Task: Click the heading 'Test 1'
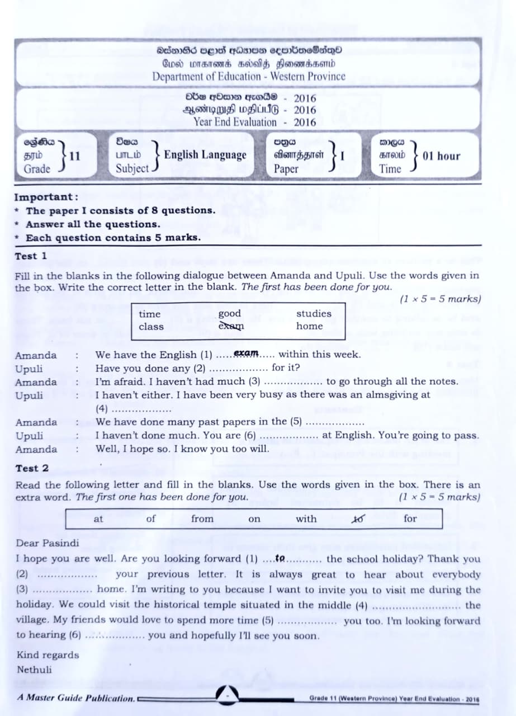pyautogui.click(x=31, y=256)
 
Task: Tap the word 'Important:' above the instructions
pyautogui.click(x=46, y=197)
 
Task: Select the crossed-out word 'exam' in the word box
pyautogui.click(x=231, y=326)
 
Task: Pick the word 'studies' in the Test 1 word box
pyautogui.click(x=314, y=314)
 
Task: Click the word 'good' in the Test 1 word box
pyautogui.click(x=229, y=314)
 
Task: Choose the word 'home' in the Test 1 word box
pyautogui.click(x=310, y=326)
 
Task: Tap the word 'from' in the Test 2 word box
pyautogui.click(x=202, y=519)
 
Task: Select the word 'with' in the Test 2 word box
pyautogui.click(x=306, y=519)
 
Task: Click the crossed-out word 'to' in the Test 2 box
pyautogui.click(x=357, y=519)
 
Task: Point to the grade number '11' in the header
pyautogui.click(x=75, y=156)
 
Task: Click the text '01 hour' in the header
pyautogui.click(x=442, y=156)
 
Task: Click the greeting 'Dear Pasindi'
pyautogui.click(x=48, y=543)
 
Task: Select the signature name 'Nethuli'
pyautogui.click(x=34, y=669)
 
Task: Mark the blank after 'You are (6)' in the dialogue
pyautogui.click(x=289, y=436)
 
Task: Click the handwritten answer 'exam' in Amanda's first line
pyautogui.click(x=246, y=354)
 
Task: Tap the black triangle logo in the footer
pyautogui.click(x=228, y=694)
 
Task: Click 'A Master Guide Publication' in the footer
pyautogui.click(x=75, y=698)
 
